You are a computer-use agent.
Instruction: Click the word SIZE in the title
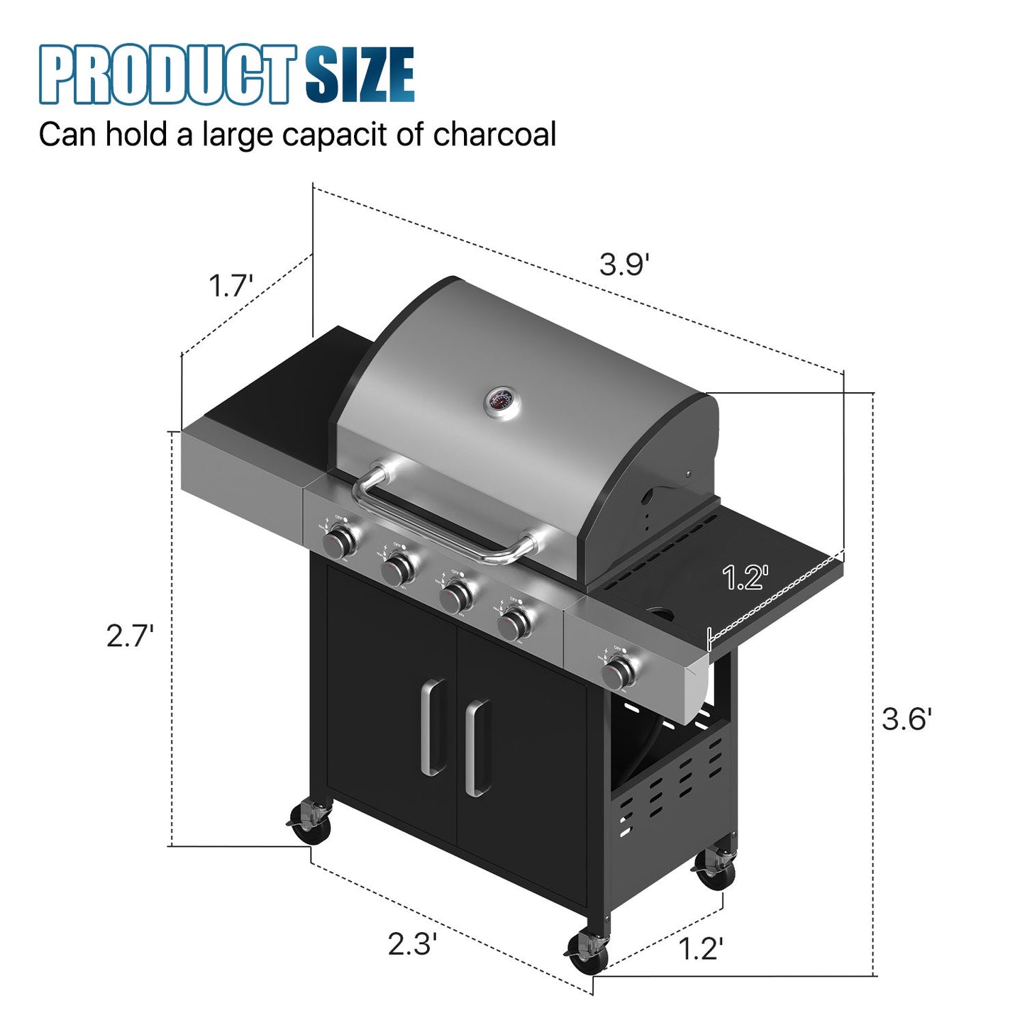click(360, 74)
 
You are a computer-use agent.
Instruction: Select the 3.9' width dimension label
click(624, 265)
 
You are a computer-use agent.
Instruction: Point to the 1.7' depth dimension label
click(231, 287)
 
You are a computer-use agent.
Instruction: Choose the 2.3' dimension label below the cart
click(411, 944)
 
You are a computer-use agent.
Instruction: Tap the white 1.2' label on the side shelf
click(746, 577)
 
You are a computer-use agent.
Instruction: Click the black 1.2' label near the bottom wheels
click(701, 948)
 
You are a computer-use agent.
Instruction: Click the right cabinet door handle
click(476, 748)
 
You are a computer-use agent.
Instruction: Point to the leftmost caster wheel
click(312, 824)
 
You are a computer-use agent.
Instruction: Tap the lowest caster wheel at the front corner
click(589, 953)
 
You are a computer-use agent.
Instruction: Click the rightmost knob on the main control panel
click(514, 624)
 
